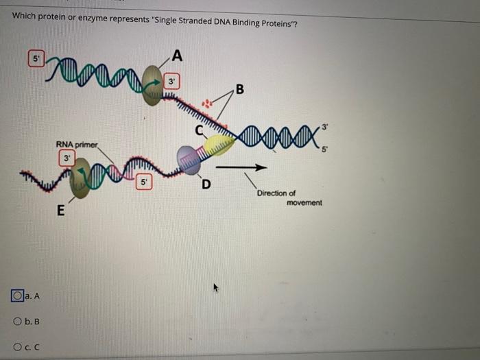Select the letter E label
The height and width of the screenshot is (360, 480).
(x=60, y=212)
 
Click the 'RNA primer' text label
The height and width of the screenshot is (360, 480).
(x=77, y=144)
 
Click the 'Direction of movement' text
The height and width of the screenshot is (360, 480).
(x=288, y=197)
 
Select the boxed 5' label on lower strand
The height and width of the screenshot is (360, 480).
(x=144, y=182)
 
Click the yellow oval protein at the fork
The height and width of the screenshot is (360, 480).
(x=219, y=145)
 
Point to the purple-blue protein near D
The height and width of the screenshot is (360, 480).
(x=188, y=159)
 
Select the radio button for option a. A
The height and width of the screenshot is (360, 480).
(x=16, y=296)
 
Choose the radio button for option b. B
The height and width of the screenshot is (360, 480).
(x=16, y=322)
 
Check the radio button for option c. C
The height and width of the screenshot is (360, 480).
(x=16, y=347)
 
